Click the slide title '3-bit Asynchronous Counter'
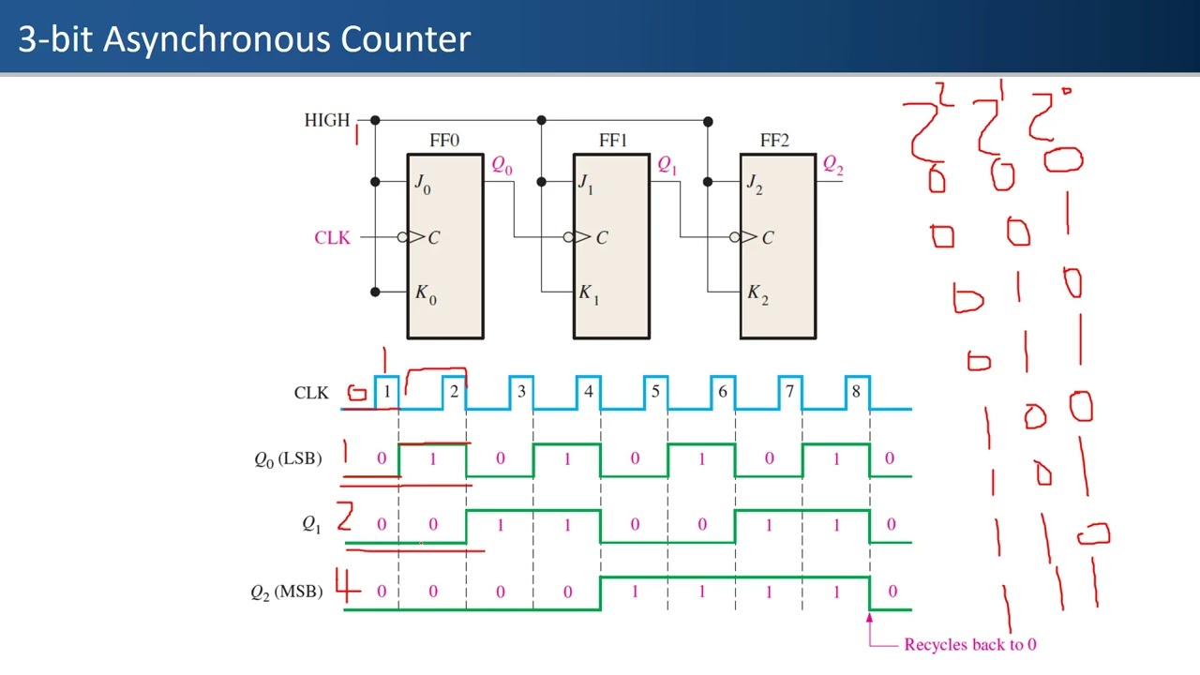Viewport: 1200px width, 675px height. pyautogui.click(x=244, y=39)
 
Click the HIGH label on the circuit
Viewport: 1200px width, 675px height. pyautogui.click(x=326, y=120)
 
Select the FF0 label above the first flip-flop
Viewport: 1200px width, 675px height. pyautogui.click(x=444, y=141)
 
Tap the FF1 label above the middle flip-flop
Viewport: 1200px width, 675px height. pyautogui.click(x=612, y=141)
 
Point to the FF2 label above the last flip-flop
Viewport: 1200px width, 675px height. pyautogui.click(x=774, y=141)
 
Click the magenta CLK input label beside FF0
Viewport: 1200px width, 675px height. pyautogui.click(x=332, y=237)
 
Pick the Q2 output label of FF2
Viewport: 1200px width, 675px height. pyautogui.click(x=832, y=166)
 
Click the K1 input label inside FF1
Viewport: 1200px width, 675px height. pyautogui.click(x=588, y=293)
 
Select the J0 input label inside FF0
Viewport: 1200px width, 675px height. pyautogui.click(x=423, y=183)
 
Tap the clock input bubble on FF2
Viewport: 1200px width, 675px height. pyautogui.click(x=736, y=237)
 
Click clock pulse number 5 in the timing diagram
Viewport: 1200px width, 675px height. pyautogui.click(x=654, y=392)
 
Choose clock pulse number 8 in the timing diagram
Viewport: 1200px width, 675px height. pyautogui.click(x=855, y=392)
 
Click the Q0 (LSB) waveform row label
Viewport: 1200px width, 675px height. pyautogui.click(x=287, y=458)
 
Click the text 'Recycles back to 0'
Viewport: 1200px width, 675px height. pyautogui.click(x=969, y=644)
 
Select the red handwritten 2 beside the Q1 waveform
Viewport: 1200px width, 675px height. pyautogui.click(x=345, y=517)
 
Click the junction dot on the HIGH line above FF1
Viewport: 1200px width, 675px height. pyautogui.click(x=541, y=120)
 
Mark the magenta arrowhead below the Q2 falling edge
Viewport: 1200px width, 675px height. pyautogui.click(x=869, y=618)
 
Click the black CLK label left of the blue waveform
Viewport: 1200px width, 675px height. pyautogui.click(x=311, y=393)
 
